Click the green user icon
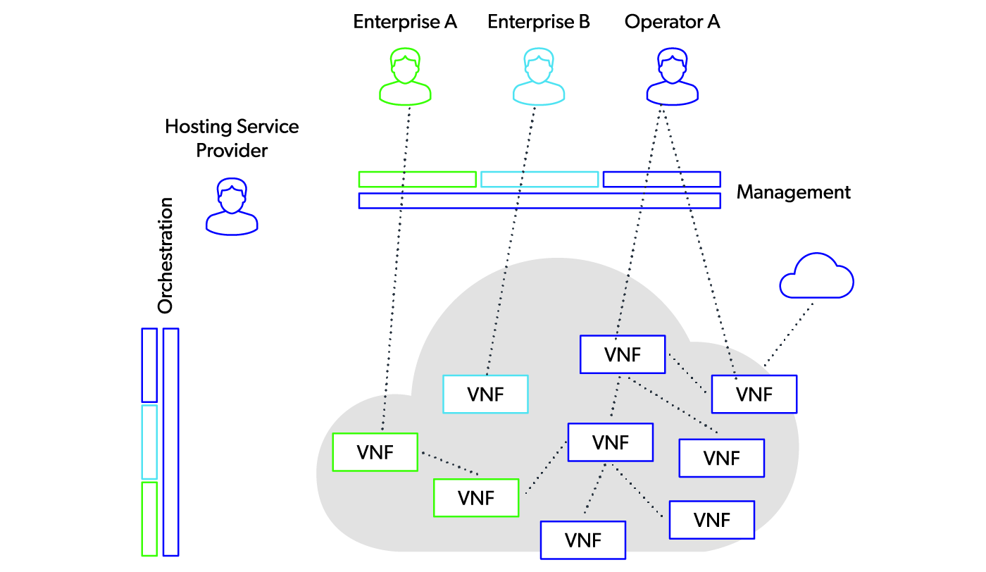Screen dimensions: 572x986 405,77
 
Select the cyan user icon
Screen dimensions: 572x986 539,77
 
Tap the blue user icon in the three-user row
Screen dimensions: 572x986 672,77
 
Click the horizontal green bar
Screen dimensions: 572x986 417,180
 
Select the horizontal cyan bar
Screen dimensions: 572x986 539,180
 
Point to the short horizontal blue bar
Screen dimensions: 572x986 661,180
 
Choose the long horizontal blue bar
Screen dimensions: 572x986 539,201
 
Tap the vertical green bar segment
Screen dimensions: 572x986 149,518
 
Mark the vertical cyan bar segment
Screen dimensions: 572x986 149,442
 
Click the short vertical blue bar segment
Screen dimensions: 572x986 149,365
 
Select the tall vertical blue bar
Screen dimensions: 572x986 170,442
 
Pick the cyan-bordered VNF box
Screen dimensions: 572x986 485,394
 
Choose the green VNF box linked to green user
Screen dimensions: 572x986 375,452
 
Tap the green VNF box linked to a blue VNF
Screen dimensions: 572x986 476,497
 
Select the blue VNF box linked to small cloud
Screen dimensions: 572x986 754,394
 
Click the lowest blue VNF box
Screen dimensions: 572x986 582,540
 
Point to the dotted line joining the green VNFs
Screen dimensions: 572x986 449,464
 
